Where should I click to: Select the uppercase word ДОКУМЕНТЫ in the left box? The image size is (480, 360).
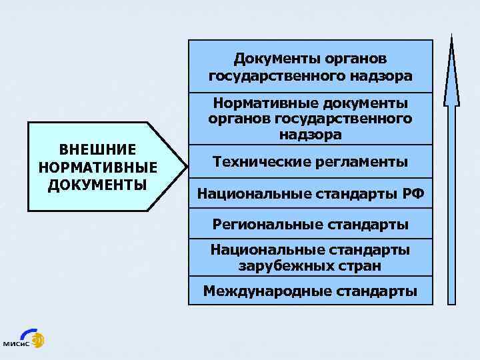pos(97,183)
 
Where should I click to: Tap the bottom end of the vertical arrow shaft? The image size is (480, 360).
pos(452,301)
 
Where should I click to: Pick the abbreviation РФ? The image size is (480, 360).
pos(413,194)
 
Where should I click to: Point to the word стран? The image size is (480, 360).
pos(363,265)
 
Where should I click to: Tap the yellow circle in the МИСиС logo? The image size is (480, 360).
pos(38,338)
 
